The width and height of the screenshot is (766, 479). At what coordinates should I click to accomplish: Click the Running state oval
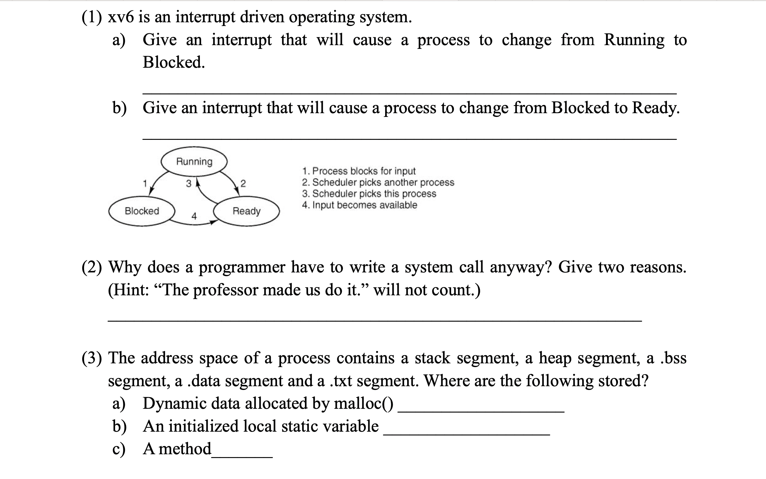(x=194, y=161)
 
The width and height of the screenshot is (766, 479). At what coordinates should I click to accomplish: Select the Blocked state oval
(x=142, y=211)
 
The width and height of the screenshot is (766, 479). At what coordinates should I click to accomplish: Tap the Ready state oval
(x=247, y=211)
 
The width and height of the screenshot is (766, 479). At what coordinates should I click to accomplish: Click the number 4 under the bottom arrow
(x=194, y=216)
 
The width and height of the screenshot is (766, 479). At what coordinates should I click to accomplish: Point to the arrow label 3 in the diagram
(x=189, y=184)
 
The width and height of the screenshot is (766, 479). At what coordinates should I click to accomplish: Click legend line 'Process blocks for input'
(x=359, y=171)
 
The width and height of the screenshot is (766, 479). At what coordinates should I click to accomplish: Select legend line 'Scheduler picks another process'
(x=378, y=182)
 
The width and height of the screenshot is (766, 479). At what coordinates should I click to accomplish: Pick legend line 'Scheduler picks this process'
(x=369, y=193)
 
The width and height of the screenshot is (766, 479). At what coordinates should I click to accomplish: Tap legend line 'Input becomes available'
(x=359, y=205)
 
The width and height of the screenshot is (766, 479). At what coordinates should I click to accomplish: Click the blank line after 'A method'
(x=242, y=456)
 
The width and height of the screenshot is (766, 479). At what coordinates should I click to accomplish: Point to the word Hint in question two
(x=129, y=290)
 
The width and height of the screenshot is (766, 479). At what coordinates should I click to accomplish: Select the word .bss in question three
(x=673, y=358)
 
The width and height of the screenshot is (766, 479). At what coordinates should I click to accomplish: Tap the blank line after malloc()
(x=481, y=411)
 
